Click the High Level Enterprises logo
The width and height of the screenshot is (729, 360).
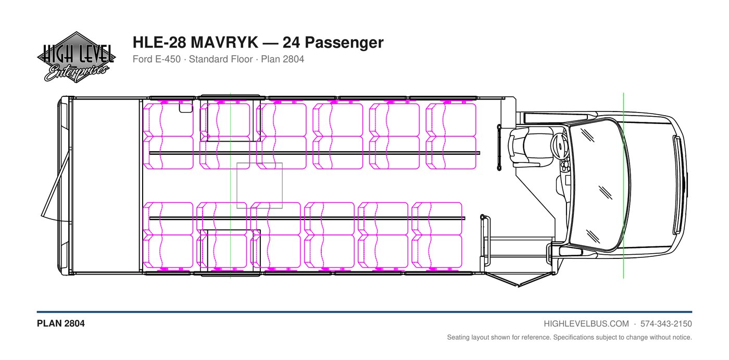tap(76, 57)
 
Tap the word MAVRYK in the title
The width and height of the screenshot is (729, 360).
tap(224, 42)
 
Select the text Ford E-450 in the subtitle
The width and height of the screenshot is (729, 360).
tap(157, 59)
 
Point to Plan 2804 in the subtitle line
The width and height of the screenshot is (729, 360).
tap(282, 59)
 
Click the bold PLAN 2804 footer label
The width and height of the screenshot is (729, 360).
tap(61, 324)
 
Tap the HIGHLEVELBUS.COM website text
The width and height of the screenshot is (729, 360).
tap(586, 324)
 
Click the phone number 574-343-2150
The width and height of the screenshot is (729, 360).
tap(666, 324)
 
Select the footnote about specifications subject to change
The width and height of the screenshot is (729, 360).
tap(570, 338)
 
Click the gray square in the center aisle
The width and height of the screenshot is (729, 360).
tap(259, 185)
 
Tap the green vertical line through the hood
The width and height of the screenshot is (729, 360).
tap(624, 185)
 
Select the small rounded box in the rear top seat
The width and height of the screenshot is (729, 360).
tap(186, 107)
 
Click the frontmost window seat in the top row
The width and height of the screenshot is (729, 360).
tap(451, 119)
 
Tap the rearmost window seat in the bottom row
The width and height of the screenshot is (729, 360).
tap(168, 251)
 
